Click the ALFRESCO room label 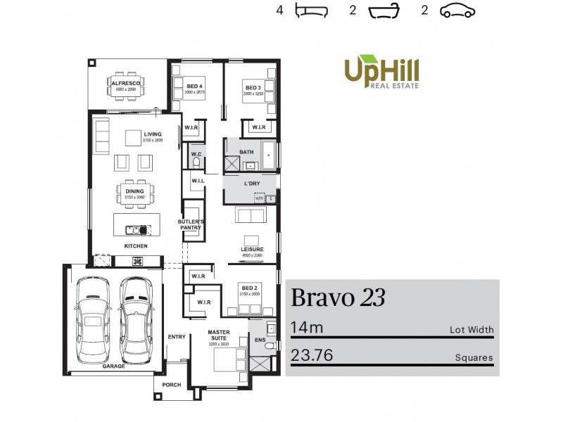127,84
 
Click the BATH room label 246,151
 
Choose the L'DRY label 252,184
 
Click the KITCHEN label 135,246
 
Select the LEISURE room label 252,250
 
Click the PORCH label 172,385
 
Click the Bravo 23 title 338,298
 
